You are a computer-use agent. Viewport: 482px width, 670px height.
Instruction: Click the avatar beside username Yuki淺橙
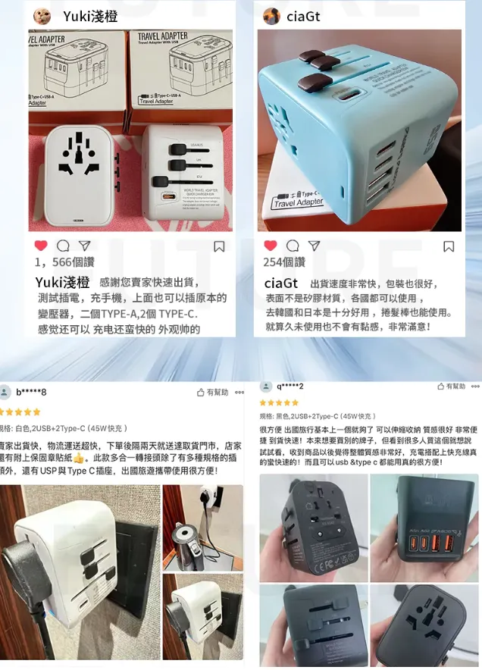click(43, 16)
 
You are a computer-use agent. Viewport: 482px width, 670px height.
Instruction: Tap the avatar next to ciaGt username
click(271, 16)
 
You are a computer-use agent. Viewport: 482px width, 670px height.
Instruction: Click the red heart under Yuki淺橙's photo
click(41, 246)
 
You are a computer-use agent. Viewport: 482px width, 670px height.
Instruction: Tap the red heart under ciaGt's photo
click(270, 246)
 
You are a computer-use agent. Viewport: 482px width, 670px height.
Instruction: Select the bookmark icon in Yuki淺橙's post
click(219, 246)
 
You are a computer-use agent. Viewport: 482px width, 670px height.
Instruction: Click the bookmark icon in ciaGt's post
click(449, 246)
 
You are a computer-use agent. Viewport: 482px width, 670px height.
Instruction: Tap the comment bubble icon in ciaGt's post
click(293, 246)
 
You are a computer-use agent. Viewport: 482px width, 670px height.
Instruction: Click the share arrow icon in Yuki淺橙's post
click(85, 246)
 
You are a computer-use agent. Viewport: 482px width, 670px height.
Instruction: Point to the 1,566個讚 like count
click(64, 262)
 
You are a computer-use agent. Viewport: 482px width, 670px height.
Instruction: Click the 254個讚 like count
click(283, 262)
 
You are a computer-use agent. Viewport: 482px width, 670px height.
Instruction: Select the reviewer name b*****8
click(31, 392)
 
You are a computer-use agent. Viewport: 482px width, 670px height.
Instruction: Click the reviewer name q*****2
click(290, 387)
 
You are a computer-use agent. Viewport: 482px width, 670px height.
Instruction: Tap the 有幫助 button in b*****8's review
click(213, 393)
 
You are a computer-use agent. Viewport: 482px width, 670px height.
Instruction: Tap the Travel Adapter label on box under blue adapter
click(298, 202)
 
